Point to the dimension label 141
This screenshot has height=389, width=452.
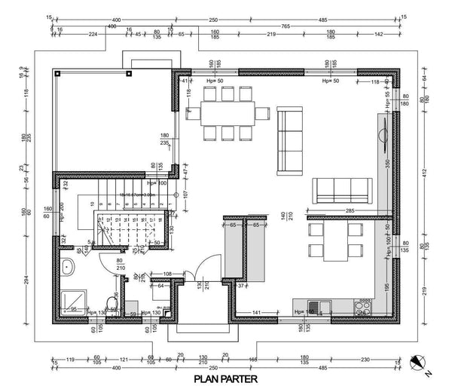point(256,311)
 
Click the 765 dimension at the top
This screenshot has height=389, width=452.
point(307,26)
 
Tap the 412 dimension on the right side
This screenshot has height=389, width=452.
point(426,173)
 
